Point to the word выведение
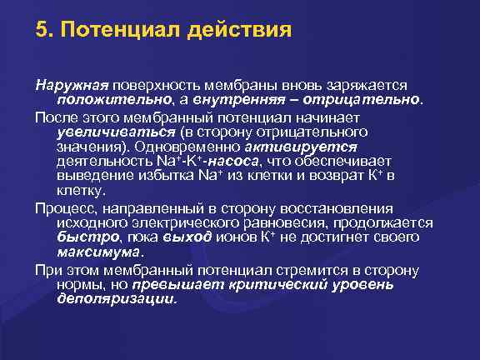pyautogui.click(x=92, y=177)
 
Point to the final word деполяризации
pyautogui.click(x=116, y=299)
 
